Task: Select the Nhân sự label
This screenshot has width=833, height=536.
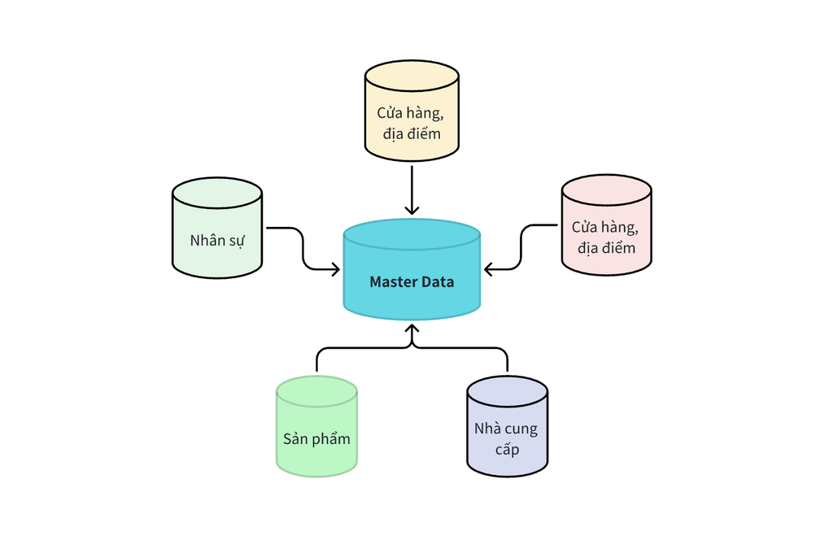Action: click(216, 241)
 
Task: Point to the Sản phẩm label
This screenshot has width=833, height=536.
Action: click(316, 438)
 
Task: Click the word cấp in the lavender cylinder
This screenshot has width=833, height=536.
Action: click(506, 449)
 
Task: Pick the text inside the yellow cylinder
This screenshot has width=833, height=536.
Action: click(412, 122)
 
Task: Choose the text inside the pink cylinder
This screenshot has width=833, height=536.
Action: click(606, 237)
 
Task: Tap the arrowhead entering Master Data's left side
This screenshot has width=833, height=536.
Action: click(335, 269)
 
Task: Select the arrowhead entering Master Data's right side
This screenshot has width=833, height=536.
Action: click(488, 269)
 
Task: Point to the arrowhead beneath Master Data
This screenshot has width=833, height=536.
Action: click(412, 330)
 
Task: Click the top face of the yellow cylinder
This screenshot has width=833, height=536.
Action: click(412, 75)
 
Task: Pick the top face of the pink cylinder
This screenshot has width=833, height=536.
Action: click(606, 190)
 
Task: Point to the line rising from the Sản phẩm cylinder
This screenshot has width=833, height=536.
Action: click(316, 360)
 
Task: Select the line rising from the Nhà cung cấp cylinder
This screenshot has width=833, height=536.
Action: click(508, 360)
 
